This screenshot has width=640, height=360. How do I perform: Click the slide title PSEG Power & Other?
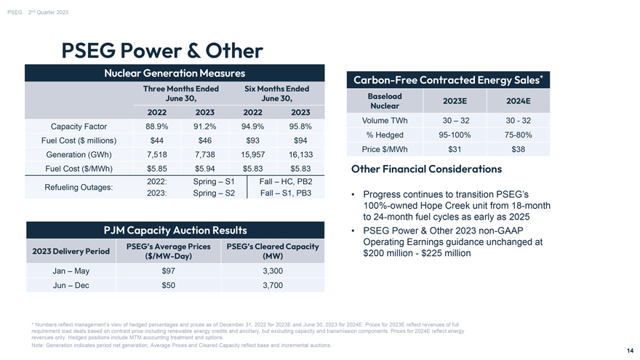coord(162,51)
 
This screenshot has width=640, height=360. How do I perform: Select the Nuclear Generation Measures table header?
coord(175,73)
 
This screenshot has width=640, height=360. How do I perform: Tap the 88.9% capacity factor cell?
coord(157,127)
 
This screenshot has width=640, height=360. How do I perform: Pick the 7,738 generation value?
coord(205,155)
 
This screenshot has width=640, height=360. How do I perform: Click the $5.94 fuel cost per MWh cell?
coord(205,169)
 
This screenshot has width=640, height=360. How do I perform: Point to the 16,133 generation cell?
coord(300,155)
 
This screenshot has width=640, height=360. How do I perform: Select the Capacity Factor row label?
coord(79,127)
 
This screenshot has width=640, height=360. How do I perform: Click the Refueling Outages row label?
coord(79,188)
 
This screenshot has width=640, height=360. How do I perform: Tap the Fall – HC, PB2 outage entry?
coord(286,182)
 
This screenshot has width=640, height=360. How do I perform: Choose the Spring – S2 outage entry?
coord(214,193)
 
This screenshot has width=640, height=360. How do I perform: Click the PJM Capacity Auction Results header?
coord(175,231)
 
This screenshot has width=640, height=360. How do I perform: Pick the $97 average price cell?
coord(168,271)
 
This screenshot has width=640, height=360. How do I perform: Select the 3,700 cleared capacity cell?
coord(273,285)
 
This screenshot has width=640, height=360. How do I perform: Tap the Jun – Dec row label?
coord(71,285)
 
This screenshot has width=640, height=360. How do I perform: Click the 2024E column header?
coord(519,101)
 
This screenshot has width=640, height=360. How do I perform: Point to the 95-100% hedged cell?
coord(455,135)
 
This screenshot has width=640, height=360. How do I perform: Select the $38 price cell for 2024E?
coord(519,149)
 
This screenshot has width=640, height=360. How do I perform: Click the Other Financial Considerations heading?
coord(426,169)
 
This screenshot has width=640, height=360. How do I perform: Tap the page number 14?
coord(631,351)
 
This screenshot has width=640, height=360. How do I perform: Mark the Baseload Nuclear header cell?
coord(385,101)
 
